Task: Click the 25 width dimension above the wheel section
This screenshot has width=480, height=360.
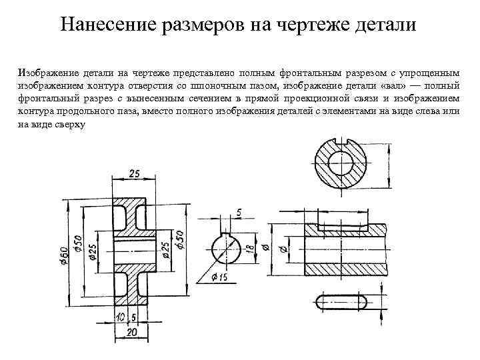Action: (133, 173)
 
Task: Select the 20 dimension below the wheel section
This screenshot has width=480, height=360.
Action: (131, 331)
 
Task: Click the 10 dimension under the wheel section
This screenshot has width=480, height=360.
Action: (120, 316)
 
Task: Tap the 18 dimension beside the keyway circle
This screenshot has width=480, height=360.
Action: (249, 249)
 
